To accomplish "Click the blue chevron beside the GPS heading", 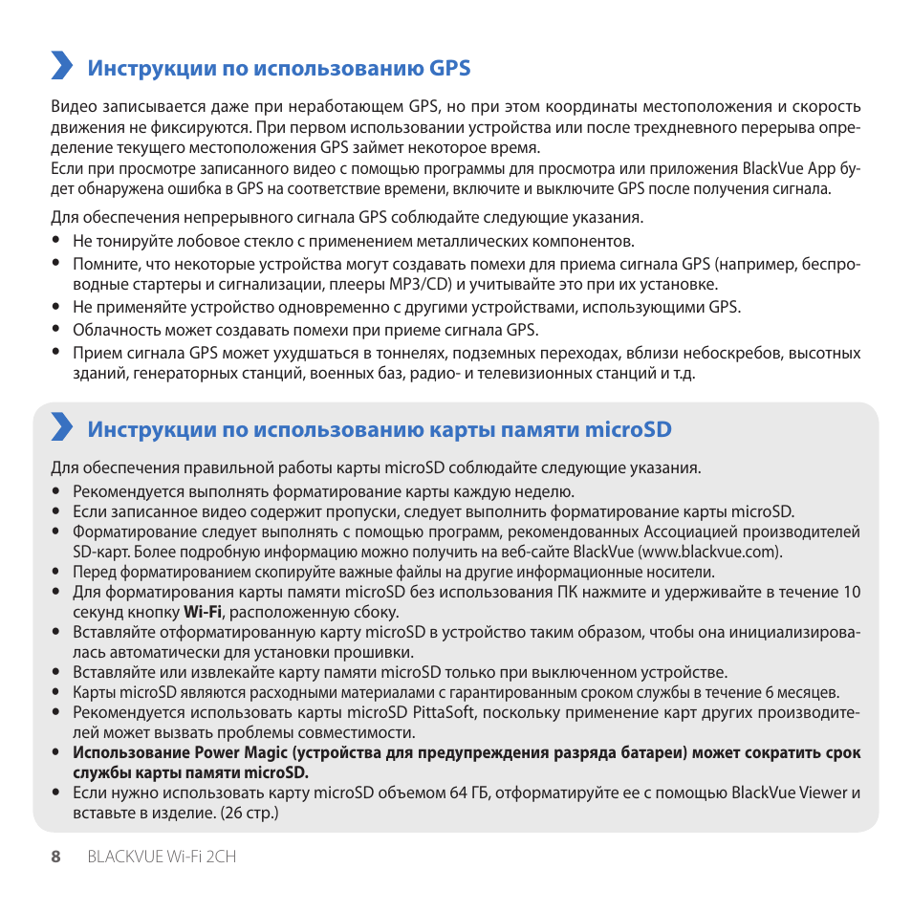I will tap(62, 66).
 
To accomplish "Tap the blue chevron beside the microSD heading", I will tap(62, 427).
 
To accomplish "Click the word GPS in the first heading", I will tap(450, 68).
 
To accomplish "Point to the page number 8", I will tap(55, 857).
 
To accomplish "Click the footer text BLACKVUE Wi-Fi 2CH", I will tap(162, 857).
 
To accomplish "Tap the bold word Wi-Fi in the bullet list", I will tap(203, 612).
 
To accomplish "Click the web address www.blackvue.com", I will tap(709, 552).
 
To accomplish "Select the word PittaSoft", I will tap(447, 712).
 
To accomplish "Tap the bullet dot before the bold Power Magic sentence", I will tap(56, 752).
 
